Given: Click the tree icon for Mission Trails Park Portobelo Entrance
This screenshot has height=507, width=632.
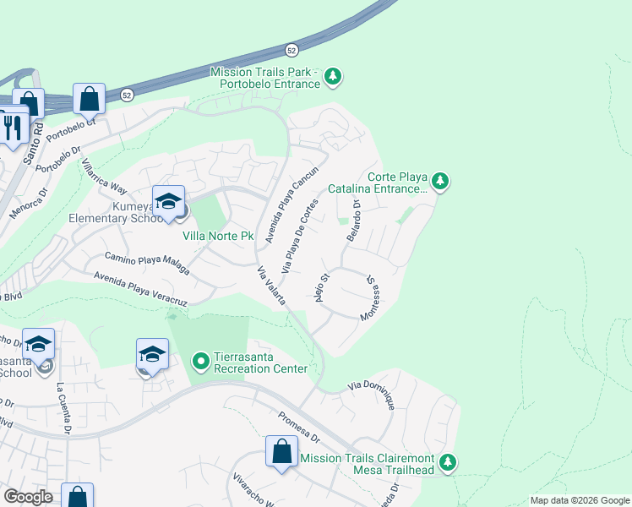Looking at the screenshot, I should (334, 77).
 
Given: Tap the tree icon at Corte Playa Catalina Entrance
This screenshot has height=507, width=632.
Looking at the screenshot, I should (439, 181).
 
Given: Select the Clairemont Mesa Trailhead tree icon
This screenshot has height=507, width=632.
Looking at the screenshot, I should (448, 462).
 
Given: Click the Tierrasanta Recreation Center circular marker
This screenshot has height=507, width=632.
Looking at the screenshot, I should (200, 363).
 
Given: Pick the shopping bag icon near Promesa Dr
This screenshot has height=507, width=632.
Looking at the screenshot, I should (281, 452).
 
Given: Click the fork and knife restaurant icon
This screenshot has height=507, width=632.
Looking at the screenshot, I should (12, 128).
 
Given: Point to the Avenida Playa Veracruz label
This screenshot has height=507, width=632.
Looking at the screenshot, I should (140, 288).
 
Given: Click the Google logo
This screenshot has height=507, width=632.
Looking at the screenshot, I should (28, 497).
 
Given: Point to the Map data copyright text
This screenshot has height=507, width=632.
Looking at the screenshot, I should (579, 500).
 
